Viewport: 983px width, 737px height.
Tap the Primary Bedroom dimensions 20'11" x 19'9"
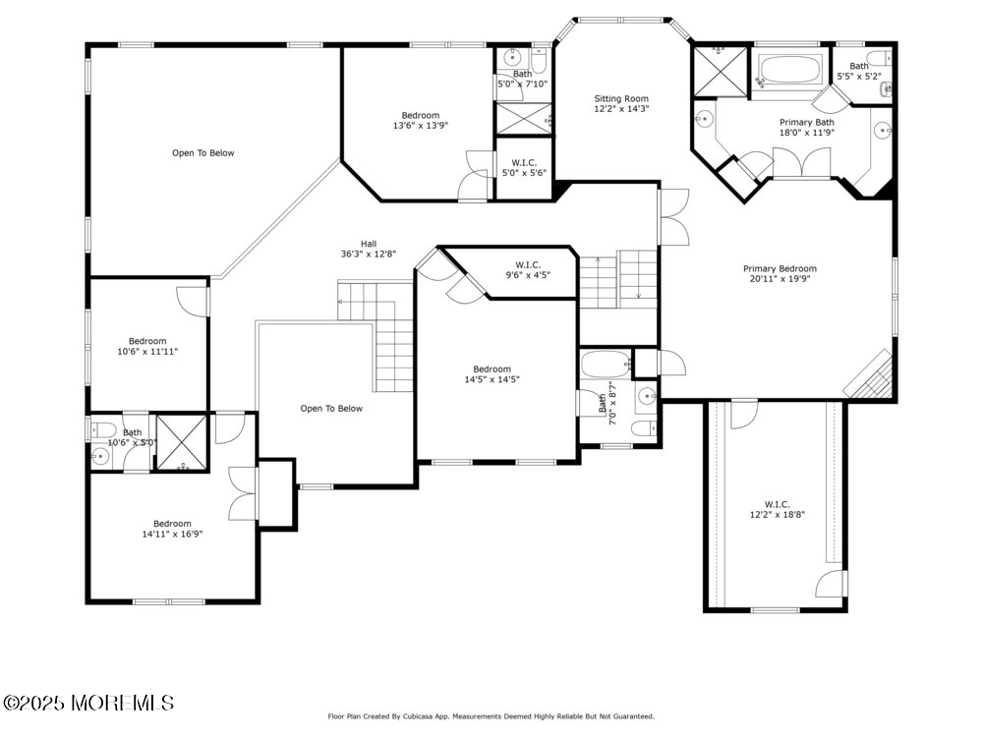[780, 279]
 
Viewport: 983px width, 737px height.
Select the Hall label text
[368, 244]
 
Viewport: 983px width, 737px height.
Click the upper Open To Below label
[203, 153]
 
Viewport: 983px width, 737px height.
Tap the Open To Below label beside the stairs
[331, 409]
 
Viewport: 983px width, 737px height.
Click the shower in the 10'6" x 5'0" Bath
[183, 443]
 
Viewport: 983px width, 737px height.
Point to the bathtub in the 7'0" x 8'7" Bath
[604, 366]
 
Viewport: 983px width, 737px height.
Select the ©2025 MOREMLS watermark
[88, 704]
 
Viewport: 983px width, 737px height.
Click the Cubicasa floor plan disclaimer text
[491, 716]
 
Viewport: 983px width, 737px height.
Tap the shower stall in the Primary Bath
[719, 71]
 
